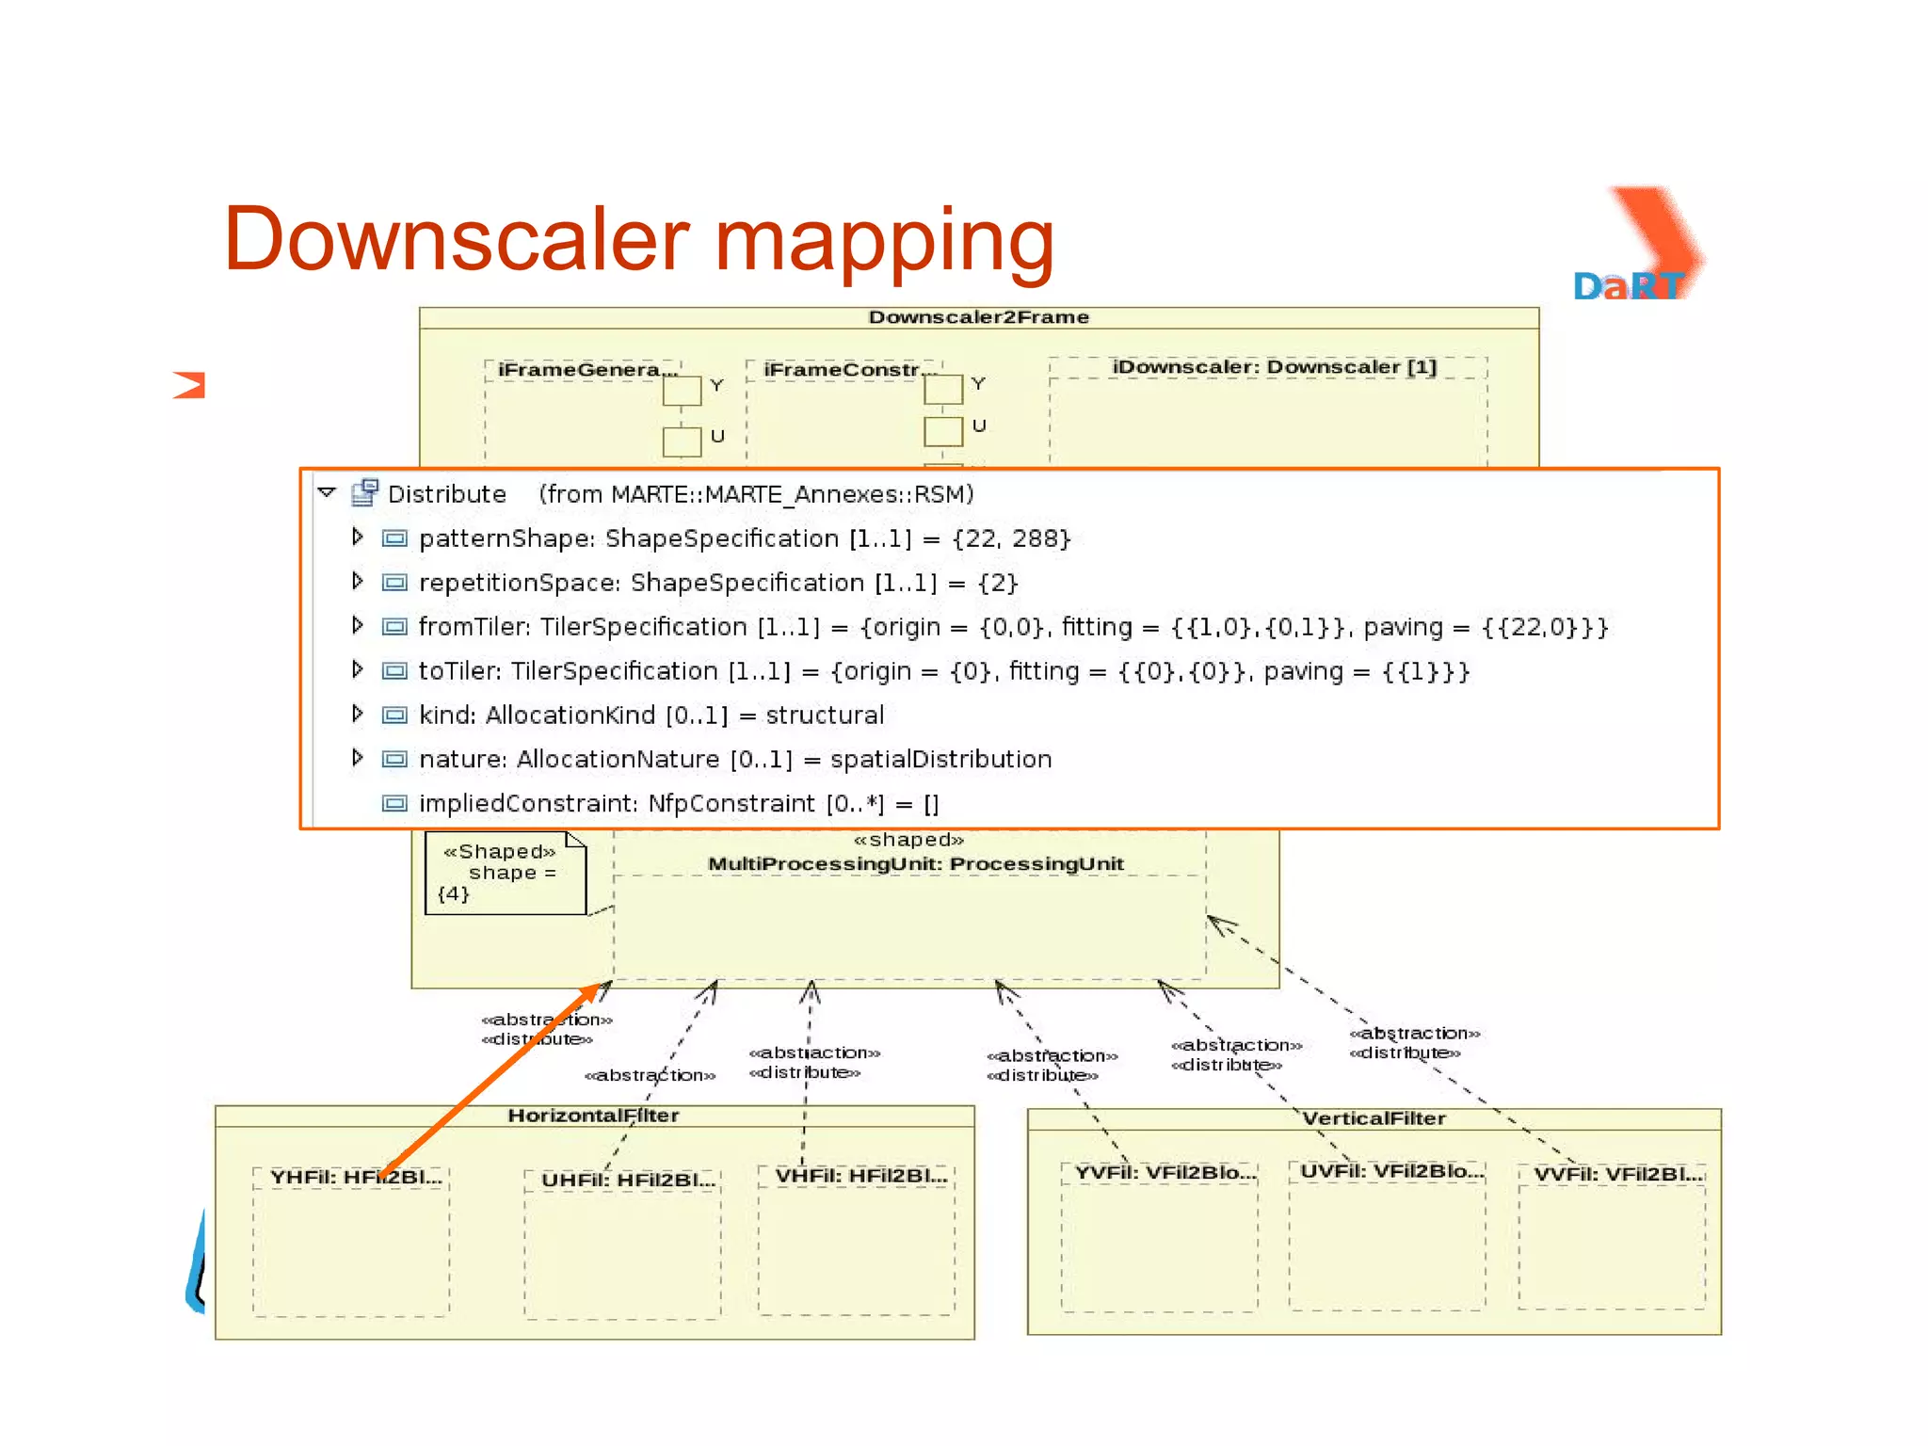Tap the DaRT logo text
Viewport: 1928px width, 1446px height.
(x=1629, y=286)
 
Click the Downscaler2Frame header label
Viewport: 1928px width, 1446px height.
(x=978, y=317)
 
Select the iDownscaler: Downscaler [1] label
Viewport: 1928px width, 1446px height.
(x=1274, y=367)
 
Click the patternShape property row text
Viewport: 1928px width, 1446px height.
(x=744, y=538)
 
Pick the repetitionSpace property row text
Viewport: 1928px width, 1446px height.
(x=717, y=583)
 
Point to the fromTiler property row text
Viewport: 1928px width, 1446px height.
(x=1013, y=627)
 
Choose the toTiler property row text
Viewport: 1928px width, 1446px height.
(x=943, y=671)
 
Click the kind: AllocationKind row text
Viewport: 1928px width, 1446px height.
(x=651, y=715)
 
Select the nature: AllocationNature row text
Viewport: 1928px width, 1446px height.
(x=734, y=760)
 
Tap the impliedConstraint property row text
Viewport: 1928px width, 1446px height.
(x=678, y=804)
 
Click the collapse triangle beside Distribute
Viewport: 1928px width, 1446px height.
(x=327, y=492)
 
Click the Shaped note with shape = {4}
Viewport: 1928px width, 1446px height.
(x=505, y=873)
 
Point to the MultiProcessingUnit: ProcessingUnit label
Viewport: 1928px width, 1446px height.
(x=915, y=864)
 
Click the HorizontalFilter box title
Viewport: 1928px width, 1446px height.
(x=593, y=1116)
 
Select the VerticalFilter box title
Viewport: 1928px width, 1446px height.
(x=1374, y=1118)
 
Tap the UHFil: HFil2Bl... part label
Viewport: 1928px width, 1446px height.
(x=628, y=1180)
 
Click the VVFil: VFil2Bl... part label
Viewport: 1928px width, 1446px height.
(x=1618, y=1174)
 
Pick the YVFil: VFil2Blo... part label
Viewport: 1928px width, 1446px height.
(x=1165, y=1172)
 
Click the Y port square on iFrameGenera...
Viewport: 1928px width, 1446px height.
(x=682, y=390)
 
